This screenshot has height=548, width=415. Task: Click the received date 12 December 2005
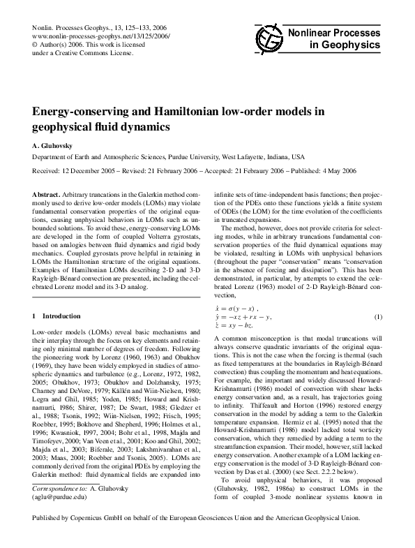click(x=92, y=171)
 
